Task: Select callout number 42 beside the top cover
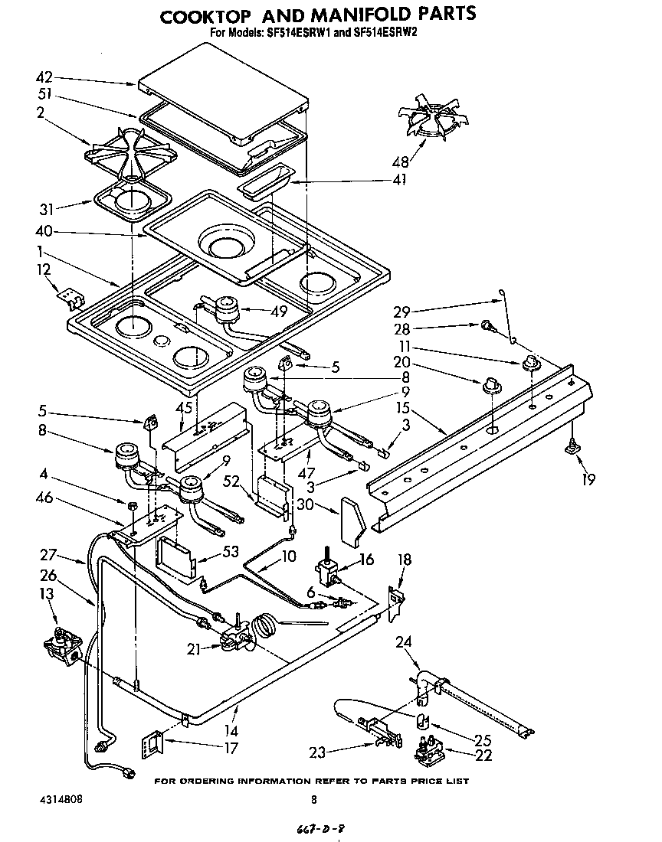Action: [x=45, y=77]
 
